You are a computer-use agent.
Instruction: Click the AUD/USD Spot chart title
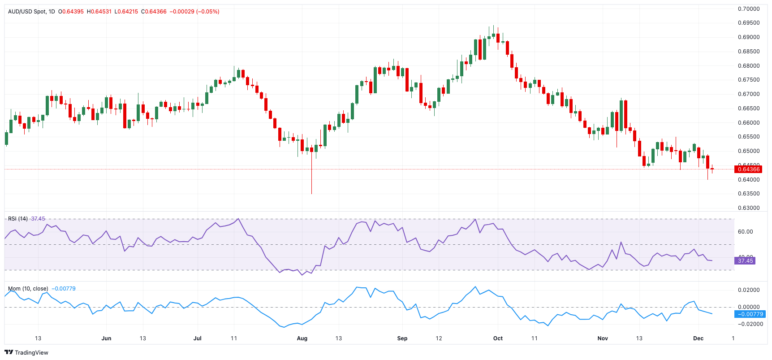(31, 12)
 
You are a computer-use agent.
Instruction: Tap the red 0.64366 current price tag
(748, 169)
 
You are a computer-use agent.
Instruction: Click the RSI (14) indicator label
(18, 219)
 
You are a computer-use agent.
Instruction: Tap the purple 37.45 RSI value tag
(745, 260)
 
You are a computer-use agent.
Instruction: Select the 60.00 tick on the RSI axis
(745, 232)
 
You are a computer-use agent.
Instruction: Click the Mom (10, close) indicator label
(28, 289)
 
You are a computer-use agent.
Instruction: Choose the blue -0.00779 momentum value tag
(750, 314)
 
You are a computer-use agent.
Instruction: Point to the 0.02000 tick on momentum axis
(749, 290)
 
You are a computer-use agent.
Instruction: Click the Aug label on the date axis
(302, 338)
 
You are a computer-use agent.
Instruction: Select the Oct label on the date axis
(498, 338)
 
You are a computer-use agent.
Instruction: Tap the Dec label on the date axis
(698, 338)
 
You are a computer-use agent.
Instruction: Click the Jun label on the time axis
(106, 338)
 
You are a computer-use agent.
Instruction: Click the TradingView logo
(26, 352)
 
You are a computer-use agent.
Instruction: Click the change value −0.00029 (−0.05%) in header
(194, 12)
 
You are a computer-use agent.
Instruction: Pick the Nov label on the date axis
(603, 338)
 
